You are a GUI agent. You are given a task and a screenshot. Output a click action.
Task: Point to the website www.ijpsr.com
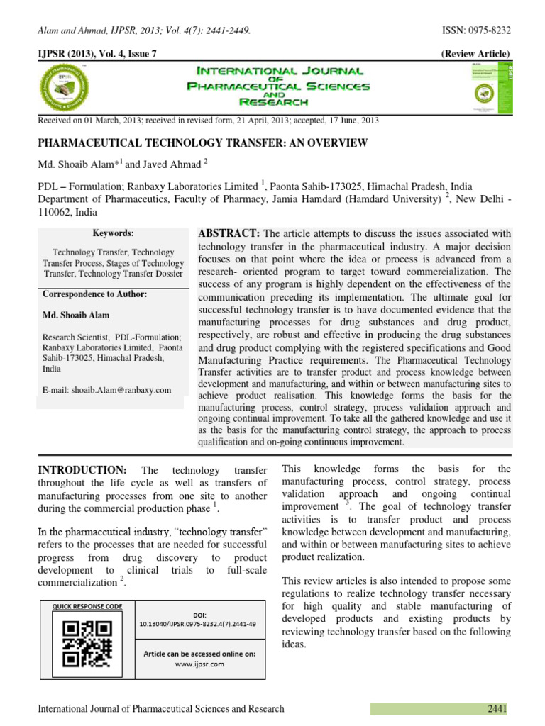(x=199, y=664)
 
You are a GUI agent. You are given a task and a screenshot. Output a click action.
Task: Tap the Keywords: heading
(x=113, y=233)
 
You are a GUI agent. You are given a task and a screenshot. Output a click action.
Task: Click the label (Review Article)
(x=475, y=55)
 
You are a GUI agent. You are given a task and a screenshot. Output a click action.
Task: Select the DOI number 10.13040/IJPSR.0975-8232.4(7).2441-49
(x=199, y=624)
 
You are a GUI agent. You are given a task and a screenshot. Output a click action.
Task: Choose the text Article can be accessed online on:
(x=199, y=653)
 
